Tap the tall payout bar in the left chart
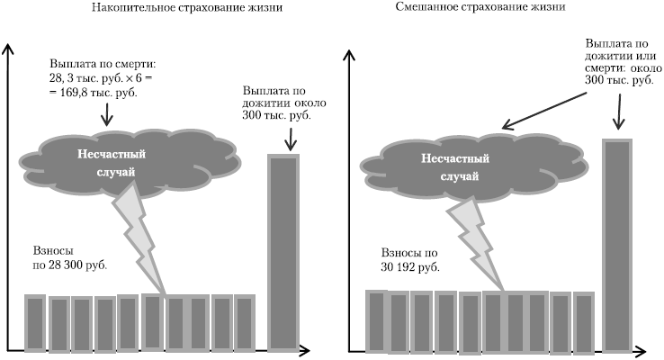coord(283,251)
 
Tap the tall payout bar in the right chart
coord(617,243)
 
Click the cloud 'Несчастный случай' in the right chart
coord(450,163)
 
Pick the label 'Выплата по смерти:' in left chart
coord(104,66)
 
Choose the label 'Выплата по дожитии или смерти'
coord(618,61)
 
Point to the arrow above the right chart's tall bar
coord(617,112)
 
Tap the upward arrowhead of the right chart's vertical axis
coord(349,52)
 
